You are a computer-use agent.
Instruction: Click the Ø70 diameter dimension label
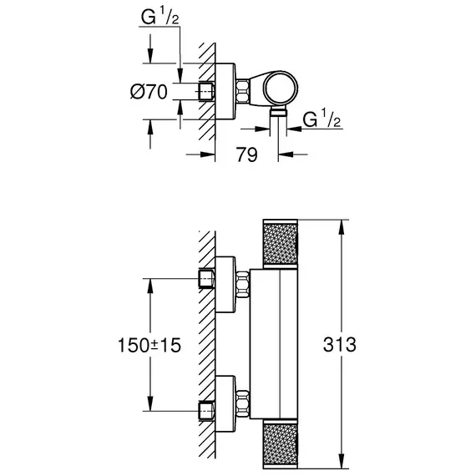tap(149, 92)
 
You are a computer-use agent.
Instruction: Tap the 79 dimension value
tap(247, 154)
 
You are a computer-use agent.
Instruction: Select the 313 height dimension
tap(339, 345)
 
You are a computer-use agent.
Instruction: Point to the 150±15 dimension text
tap(149, 345)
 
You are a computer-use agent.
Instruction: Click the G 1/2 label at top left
tap(160, 17)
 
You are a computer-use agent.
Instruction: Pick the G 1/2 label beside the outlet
tap(322, 119)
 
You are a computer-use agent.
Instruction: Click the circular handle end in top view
tap(281, 89)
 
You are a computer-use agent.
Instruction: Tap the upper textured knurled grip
tap(281, 244)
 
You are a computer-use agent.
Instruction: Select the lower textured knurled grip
tap(281, 443)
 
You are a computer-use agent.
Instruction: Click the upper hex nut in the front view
tap(242, 285)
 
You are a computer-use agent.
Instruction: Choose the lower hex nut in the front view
tap(242, 403)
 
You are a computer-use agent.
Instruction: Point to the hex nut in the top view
tap(242, 90)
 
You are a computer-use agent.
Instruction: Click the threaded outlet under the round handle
tap(278, 112)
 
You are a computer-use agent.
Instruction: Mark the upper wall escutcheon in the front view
tap(225, 285)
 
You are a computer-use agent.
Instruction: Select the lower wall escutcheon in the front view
tap(225, 403)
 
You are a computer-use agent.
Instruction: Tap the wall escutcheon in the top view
tap(225, 91)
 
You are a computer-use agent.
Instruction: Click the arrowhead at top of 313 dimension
tap(342, 227)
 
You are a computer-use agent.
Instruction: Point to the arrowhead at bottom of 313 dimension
tap(342, 461)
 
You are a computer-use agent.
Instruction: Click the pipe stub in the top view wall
tap(206, 91)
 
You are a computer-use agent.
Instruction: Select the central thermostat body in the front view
tap(274, 344)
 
